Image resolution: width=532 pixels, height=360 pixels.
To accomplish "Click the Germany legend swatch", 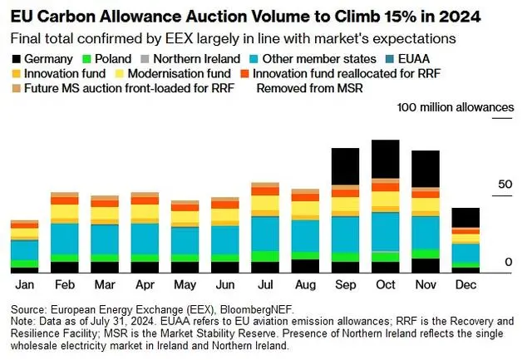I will coord(18,58).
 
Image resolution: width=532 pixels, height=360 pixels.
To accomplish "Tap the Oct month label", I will coord(385,285).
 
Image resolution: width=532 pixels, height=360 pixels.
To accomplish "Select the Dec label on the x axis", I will coord(465,285).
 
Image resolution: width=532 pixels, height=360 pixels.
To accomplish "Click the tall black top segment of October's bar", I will coord(385,159).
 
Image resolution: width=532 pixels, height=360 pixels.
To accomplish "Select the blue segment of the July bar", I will coord(264,233).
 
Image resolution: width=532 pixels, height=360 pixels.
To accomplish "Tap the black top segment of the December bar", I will coord(465,217).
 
